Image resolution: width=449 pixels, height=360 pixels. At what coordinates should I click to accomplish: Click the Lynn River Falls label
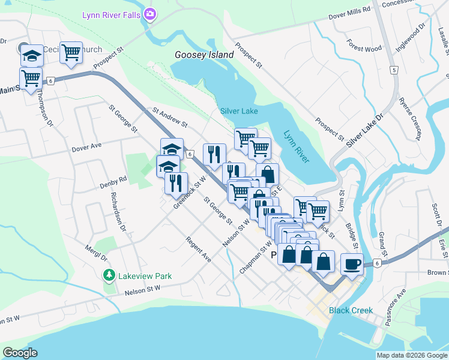coord(112,13)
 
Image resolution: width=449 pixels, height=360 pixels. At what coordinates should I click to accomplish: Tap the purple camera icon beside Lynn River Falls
coord(149,13)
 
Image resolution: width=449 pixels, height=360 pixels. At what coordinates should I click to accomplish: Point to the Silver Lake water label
coord(239,111)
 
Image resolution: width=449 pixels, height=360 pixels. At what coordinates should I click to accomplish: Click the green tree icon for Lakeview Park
coord(109,275)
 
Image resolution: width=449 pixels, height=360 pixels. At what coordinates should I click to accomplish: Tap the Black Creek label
coord(351,310)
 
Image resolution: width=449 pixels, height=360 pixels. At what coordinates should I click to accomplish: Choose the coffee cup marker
coord(352,263)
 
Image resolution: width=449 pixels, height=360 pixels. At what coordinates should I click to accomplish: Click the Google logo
coord(20,353)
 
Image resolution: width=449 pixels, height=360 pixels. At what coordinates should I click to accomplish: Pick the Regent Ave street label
coord(198,249)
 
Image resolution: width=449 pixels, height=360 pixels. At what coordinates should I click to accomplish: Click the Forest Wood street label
coord(364,49)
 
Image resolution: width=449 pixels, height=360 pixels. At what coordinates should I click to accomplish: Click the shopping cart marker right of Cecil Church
coord(71,53)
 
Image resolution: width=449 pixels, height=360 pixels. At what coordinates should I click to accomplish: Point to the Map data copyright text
coord(411,355)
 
